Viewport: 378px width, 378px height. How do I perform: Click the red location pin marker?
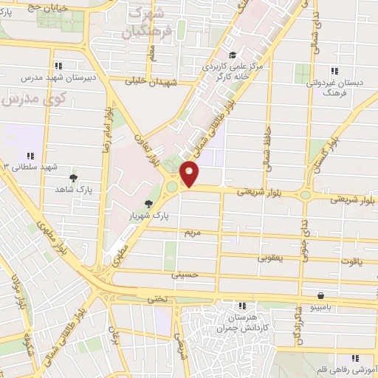[x=190, y=174]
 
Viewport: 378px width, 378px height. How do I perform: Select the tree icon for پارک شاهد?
[x=73, y=178]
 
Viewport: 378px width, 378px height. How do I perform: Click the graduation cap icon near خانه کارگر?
[x=232, y=55]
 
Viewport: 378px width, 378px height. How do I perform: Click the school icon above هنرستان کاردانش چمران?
[x=241, y=305]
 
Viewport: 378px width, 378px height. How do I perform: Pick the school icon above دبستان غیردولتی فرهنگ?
[x=334, y=72]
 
